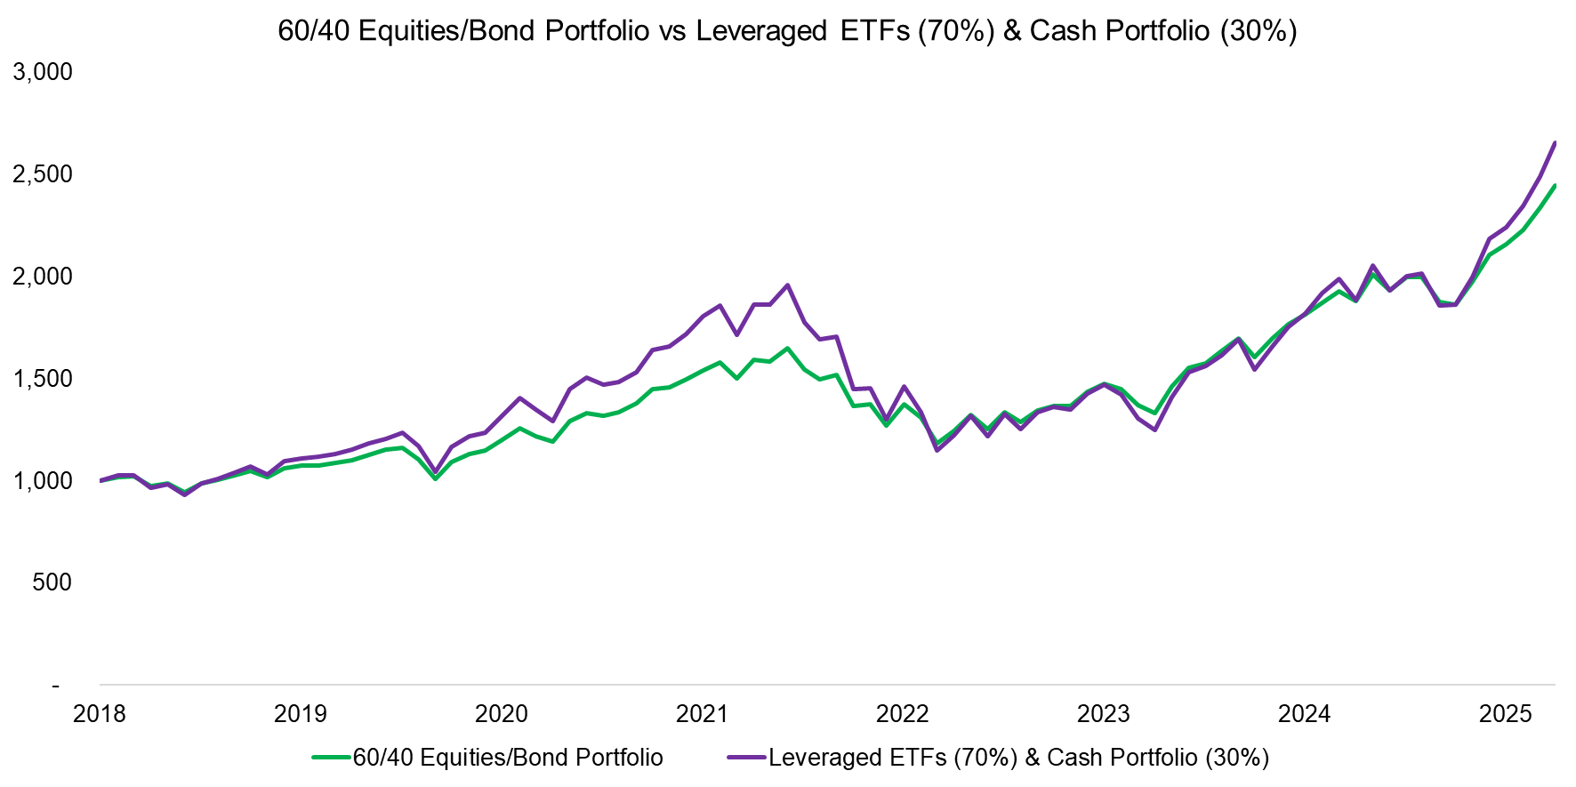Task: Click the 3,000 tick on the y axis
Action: point(43,72)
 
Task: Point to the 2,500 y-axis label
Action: point(43,174)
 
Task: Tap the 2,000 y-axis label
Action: point(43,277)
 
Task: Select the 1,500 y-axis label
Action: point(43,379)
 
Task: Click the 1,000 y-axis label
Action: point(43,481)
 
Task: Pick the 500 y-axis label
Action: point(52,582)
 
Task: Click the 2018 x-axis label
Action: point(100,714)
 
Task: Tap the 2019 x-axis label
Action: point(301,714)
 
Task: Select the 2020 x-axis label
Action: point(502,714)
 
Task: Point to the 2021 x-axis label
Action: point(703,714)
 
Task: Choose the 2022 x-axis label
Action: point(903,714)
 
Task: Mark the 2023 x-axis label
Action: point(1104,714)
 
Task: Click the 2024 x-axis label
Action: point(1305,714)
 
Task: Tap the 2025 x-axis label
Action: point(1505,714)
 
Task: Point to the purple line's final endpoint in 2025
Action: point(1555,142)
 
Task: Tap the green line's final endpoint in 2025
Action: point(1555,186)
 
